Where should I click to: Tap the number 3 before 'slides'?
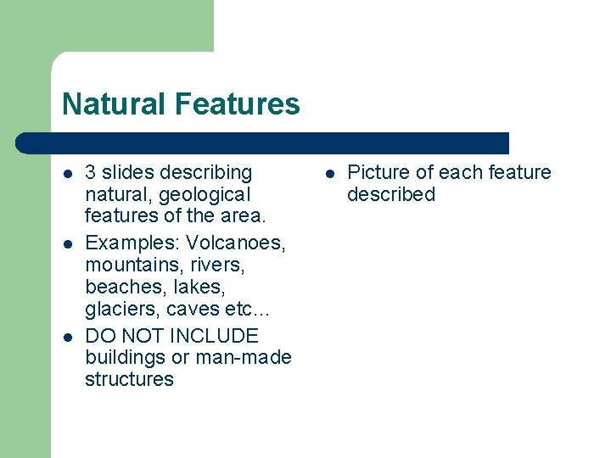(x=91, y=173)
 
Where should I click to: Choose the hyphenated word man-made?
(x=244, y=357)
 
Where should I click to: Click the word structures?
(x=129, y=379)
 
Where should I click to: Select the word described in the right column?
(x=391, y=194)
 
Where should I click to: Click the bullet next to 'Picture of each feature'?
(x=329, y=174)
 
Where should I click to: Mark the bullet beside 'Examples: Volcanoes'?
(x=68, y=244)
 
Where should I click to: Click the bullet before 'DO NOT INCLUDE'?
(x=68, y=336)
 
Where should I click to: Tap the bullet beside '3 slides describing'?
(x=68, y=174)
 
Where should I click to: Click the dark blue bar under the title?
(x=263, y=142)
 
